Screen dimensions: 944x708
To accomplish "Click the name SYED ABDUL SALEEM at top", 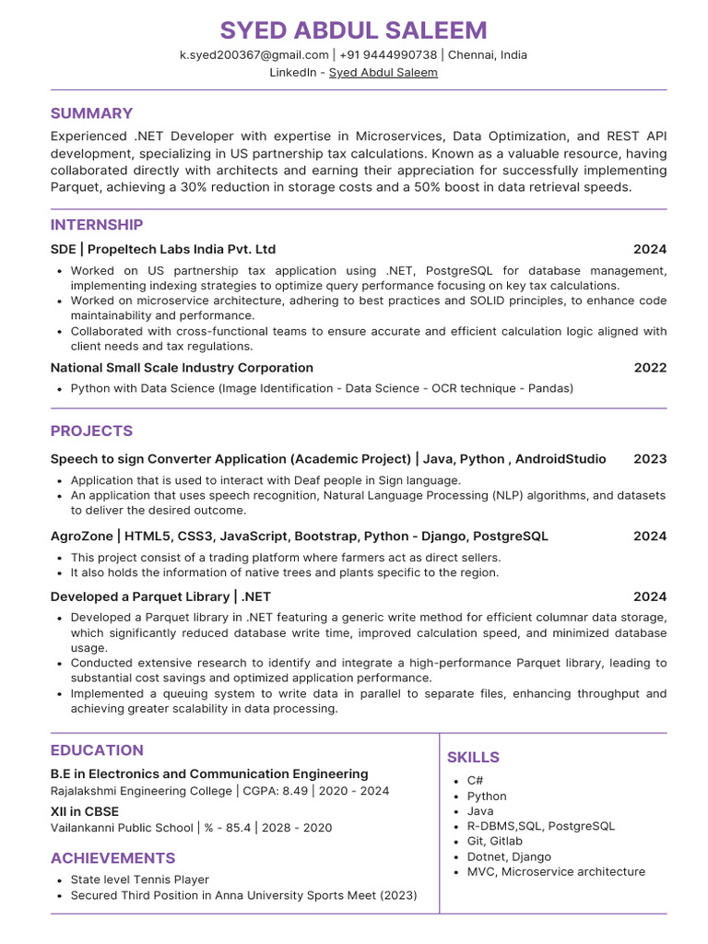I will [354, 29].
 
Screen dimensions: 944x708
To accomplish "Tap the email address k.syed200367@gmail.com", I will [254, 54].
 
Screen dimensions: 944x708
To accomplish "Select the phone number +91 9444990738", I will [387, 54].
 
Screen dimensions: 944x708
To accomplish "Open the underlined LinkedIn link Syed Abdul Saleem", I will [383, 72].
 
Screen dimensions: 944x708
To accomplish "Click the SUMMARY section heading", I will [91, 113].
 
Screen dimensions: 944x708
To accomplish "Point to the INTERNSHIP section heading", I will [97, 225].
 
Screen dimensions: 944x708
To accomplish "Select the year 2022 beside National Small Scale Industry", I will [650, 368].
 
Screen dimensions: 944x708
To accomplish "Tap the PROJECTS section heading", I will [91, 431].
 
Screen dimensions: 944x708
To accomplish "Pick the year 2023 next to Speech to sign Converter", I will [650, 459].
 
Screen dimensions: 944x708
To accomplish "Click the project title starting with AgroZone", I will [299, 536].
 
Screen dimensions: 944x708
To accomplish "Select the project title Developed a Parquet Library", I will [160, 596].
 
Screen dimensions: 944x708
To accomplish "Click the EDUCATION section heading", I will [97, 750].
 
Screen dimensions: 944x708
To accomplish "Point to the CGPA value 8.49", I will [295, 791].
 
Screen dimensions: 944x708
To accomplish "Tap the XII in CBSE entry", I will [84, 812].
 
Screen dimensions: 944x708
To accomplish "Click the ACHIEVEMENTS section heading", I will [112, 858].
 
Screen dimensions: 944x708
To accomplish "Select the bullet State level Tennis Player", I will [139, 879].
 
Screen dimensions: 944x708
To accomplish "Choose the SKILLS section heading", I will [473, 757].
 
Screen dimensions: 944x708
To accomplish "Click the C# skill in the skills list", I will [475, 781].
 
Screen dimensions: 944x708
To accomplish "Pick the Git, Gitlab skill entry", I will [494, 841].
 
